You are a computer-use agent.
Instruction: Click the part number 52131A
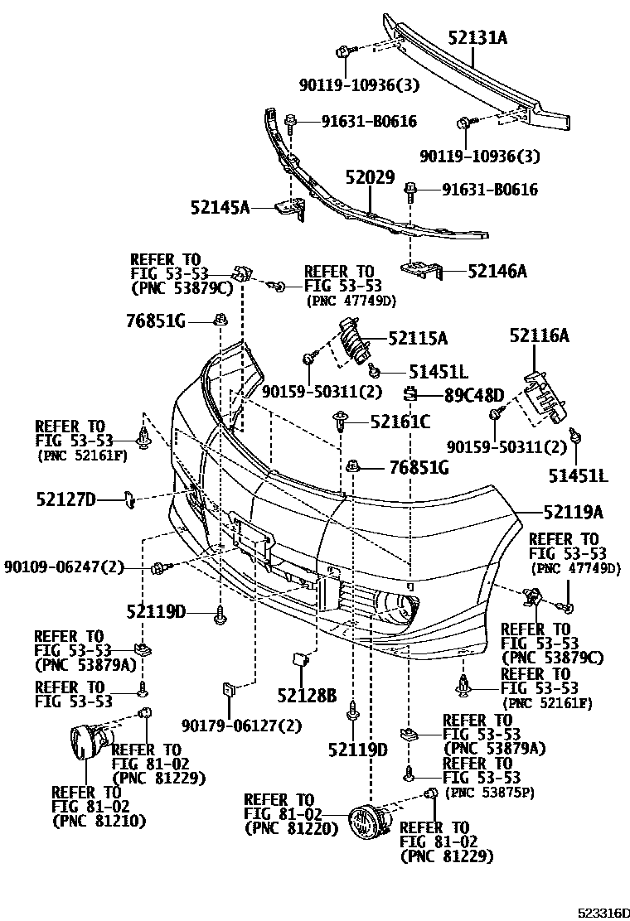478,38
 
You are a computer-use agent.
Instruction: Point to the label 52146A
497,271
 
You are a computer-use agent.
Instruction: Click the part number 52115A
419,338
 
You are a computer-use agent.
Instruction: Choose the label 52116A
540,335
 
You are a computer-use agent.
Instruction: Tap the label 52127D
66,499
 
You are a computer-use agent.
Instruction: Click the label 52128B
308,695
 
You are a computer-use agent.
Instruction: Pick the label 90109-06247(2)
64,567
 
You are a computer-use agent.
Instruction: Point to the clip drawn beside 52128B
299,659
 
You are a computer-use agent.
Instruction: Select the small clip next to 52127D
129,498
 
